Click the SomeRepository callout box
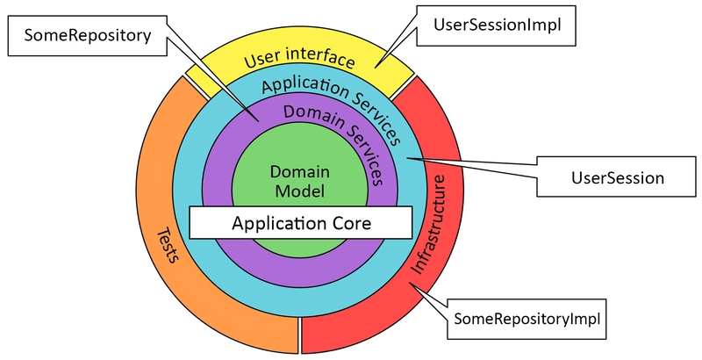pos(88,36)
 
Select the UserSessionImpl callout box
pos(496,25)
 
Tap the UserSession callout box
pos(617,176)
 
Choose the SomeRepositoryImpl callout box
pos(526,319)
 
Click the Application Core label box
pos(300,222)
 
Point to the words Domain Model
pos(300,182)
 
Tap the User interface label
pos(299,59)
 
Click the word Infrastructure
pos(428,224)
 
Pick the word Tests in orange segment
pos(168,245)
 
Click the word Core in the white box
pos(350,222)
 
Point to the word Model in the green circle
pos(300,191)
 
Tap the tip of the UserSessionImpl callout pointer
pos(376,68)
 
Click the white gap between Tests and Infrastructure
pos(299,335)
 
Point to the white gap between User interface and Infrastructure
pos(402,86)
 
